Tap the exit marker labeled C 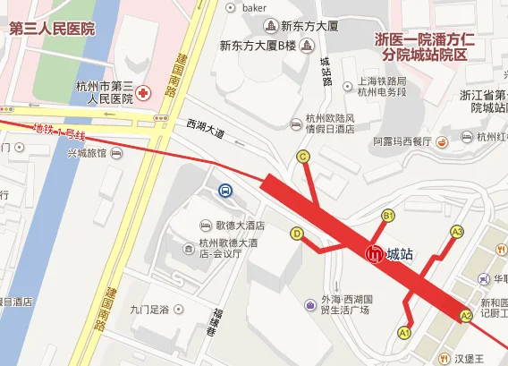coord(303,157)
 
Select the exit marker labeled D coord(297,234)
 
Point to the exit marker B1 coord(388,216)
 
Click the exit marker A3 coord(457,232)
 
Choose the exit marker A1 coord(403,333)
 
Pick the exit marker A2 coord(465,316)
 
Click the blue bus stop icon coord(225,191)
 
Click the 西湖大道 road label coord(207,132)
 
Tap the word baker coord(255,8)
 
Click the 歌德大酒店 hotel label coord(240,225)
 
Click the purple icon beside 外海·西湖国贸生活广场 coord(309,306)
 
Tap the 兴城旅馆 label coord(87,153)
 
